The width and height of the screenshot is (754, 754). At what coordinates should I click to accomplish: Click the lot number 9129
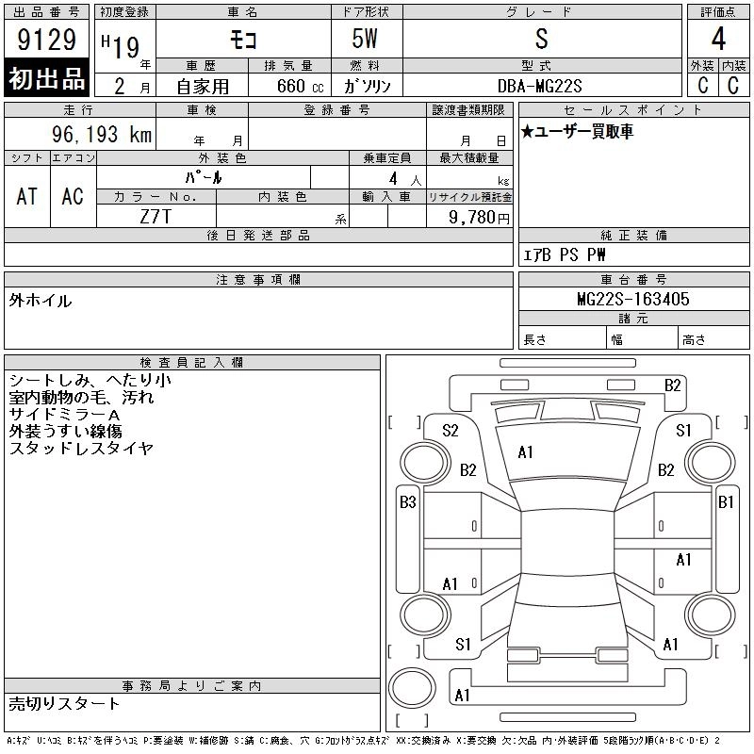click(x=46, y=40)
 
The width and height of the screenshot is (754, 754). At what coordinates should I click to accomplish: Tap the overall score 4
click(x=718, y=39)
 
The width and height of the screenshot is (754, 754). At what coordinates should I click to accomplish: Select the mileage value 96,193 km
click(x=102, y=134)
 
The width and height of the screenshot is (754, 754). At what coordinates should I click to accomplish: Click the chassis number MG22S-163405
click(x=633, y=299)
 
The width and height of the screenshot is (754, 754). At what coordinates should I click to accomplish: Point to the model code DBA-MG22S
click(x=539, y=86)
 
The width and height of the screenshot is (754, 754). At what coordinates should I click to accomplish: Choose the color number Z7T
click(x=156, y=217)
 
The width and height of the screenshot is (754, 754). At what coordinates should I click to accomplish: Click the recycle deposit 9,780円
click(x=479, y=218)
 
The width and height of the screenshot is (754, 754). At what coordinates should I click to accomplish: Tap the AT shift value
click(x=27, y=196)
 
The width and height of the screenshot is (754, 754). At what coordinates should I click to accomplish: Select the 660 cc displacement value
click(x=300, y=86)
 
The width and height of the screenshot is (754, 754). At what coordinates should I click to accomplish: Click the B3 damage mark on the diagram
click(x=408, y=502)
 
